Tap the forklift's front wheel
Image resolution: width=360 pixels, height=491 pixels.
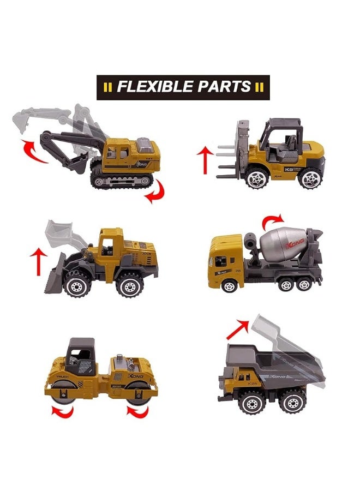click(x=256, y=177)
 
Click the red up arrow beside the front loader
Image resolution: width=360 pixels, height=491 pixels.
click(x=39, y=262)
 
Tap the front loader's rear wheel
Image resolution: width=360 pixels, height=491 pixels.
click(x=130, y=284)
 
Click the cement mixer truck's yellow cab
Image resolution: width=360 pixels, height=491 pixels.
click(x=224, y=259)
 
